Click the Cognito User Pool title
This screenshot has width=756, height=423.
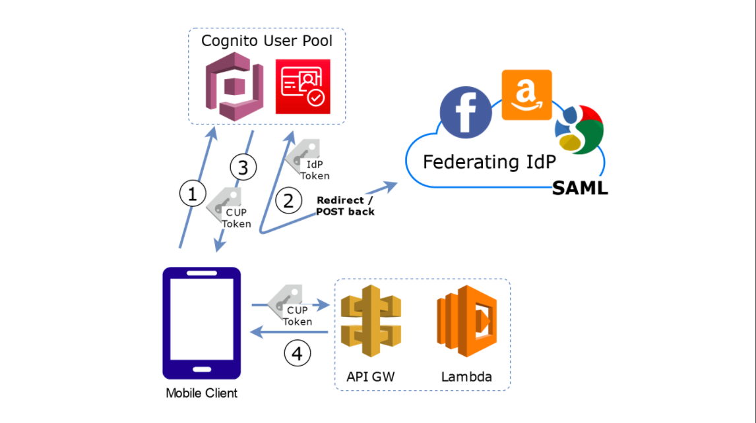coord(267,41)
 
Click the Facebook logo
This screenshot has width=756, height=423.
coord(465,111)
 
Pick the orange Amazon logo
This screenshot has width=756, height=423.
coord(526,96)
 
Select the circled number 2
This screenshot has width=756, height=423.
coord(288,200)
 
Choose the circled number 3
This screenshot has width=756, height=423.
coord(243,167)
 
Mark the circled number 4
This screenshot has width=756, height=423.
coord(297,354)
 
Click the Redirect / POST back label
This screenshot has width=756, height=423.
coord(345,206)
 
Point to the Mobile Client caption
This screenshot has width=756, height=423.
coord(201,393)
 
